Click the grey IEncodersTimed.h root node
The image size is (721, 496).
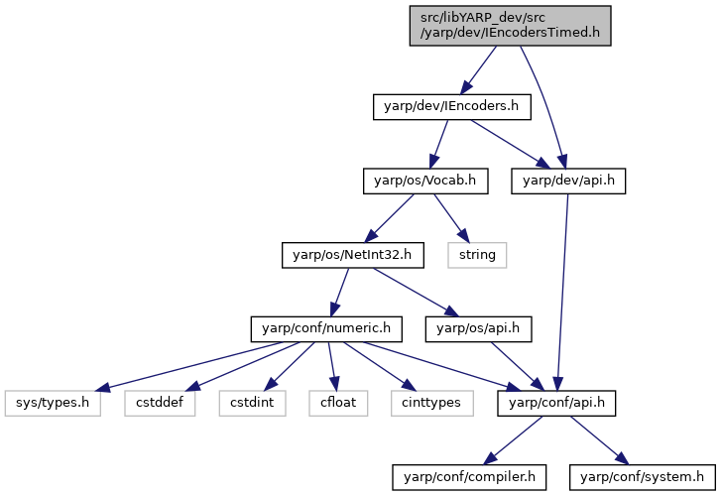(x=510, y=26)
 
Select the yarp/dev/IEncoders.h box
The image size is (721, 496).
(x=452, y=107)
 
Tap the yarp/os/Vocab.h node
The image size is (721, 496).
(x=425, y=182)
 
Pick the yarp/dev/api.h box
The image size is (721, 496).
(x=568, y=182)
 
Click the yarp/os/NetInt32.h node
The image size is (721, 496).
(x=353, y=255)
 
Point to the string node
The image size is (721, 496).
(x=477, y=255)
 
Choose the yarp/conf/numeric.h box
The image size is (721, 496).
(x=326, y=329)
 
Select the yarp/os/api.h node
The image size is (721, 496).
(x=478, y=329)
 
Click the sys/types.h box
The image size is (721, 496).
(x=53, y=404)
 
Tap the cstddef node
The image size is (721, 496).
(x=160, y=404)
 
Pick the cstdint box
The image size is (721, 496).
(x=253, y=404)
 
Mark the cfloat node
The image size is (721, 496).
(x=338, y=404)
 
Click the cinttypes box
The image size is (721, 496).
(x=432, y=404)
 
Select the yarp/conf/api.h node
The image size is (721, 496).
(x=556, y=404)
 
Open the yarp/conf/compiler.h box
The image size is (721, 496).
(x=469, y=477)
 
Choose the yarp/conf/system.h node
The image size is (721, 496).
(x=643, y=477)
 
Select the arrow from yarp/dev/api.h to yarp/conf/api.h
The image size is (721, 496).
(x=562, y=293)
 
